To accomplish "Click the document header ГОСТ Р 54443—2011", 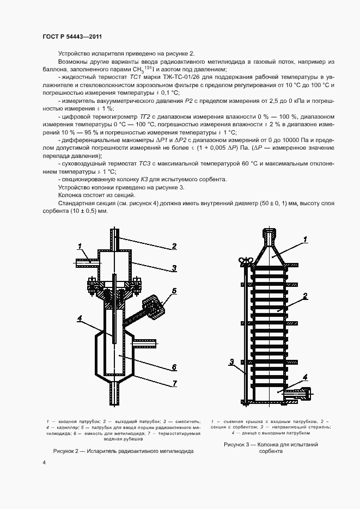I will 72,36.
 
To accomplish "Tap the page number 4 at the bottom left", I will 44,462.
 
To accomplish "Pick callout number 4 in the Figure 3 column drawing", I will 306,377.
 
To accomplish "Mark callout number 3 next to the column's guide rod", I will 231,361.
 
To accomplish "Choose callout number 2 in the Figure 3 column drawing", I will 306,296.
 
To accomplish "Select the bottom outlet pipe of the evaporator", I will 115,391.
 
